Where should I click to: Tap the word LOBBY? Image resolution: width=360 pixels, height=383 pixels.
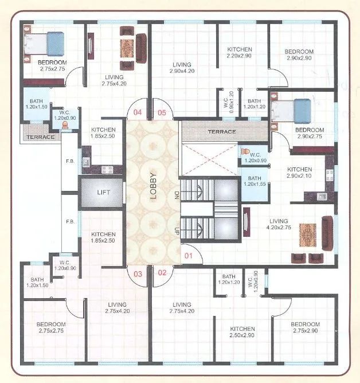tap(153, 185)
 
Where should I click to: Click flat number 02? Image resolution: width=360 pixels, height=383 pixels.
tap(162, 273)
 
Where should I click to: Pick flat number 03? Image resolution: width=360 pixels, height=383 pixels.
tap(138, 273)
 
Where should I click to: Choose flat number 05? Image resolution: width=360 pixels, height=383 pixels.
tap(162, 112)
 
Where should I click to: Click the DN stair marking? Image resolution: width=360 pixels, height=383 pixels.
tap(177, 195)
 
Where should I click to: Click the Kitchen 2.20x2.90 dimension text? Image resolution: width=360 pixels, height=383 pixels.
tap(240, 56)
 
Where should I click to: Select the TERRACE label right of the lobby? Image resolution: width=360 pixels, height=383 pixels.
tap(222, 132)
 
